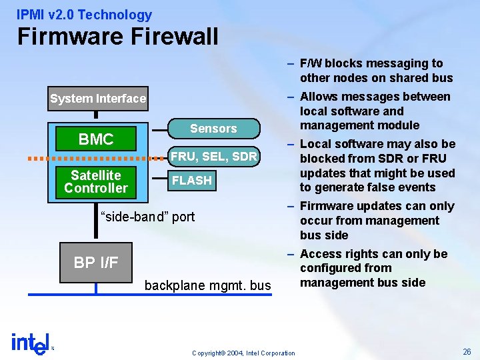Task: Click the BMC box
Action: tap(96, 139)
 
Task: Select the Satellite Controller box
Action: tap(96, 181)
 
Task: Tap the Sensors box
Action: tap(213, 129)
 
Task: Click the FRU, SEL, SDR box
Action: tap(213, 157)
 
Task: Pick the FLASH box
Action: tap(192, 181)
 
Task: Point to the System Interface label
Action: tap(98, 99)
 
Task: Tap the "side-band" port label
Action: tap(147, 216)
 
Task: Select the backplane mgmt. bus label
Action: tap(208, 286)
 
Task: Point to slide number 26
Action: tap(467, 351)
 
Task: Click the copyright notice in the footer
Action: tap(243, 353)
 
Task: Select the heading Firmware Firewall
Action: tap(118, 37)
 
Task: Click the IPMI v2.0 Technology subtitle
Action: tap(85, 15)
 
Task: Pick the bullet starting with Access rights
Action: tap(373, 268)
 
